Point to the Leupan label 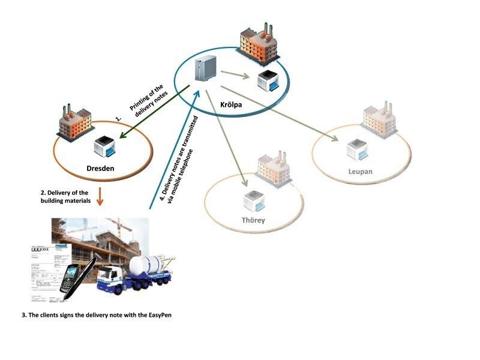(360, 172)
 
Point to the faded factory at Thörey (275, 169)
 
